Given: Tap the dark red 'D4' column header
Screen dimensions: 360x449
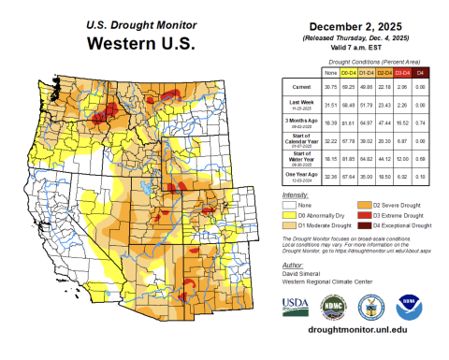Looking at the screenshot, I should click(x=419, y=72).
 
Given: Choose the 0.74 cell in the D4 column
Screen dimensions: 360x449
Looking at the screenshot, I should click(x=419, y=122).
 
